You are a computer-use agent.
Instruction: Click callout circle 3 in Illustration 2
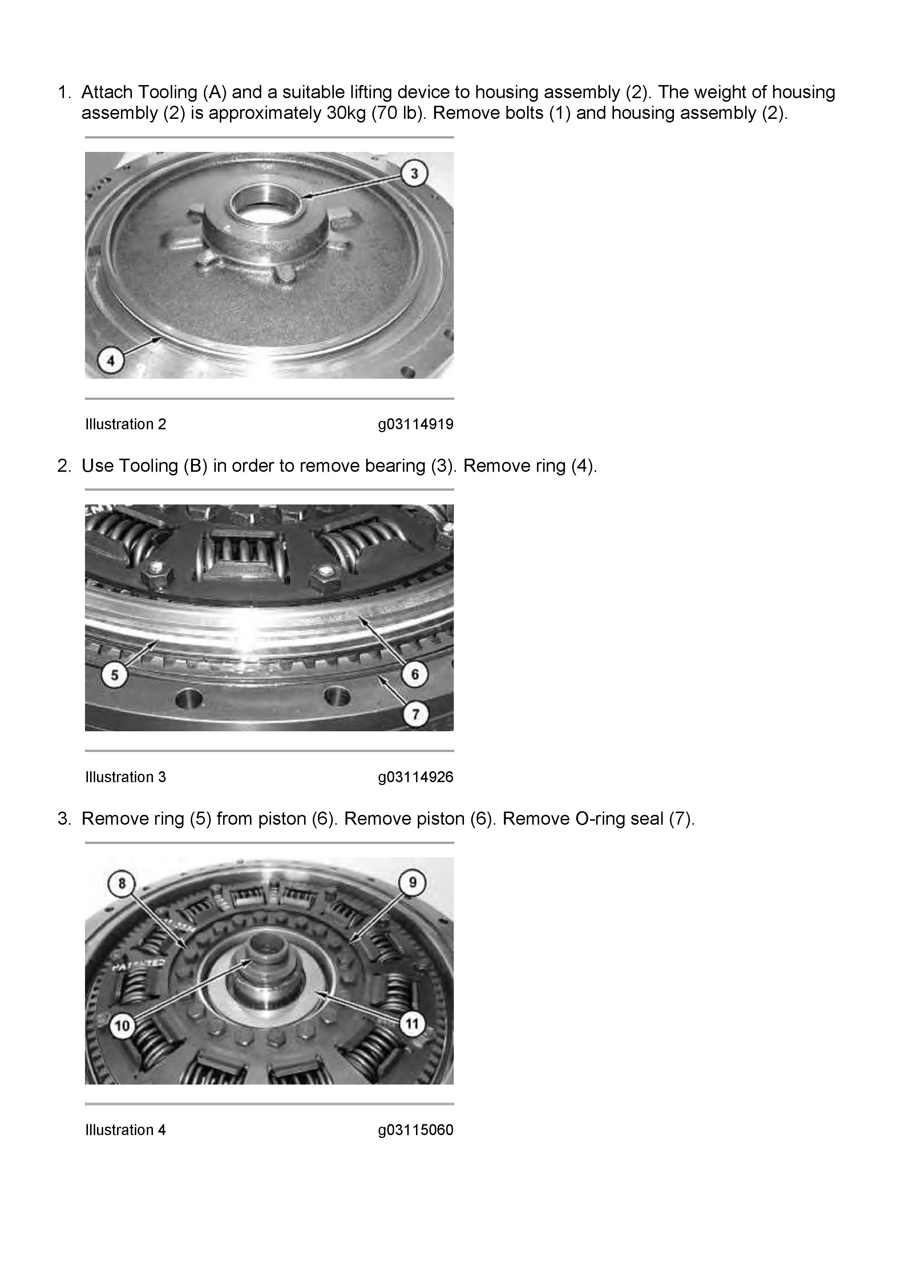[x=414, y=174]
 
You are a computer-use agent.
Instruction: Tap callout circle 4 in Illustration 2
[x=111, y=361]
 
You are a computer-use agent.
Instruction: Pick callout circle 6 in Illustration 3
[x=415, y=674]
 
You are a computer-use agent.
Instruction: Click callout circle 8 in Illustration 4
[x=122, y=883]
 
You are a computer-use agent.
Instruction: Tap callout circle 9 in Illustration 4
[x=412, y=882]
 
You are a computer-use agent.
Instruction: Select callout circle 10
[x=122, y=1025]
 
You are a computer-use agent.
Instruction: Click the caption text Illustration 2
[x=125, y=424]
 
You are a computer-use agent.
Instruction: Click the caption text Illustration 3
[x=125, y=777]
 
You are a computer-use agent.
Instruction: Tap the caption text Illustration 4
[x=125, y=1130]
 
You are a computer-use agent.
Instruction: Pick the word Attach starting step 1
[x=106, y=92]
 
